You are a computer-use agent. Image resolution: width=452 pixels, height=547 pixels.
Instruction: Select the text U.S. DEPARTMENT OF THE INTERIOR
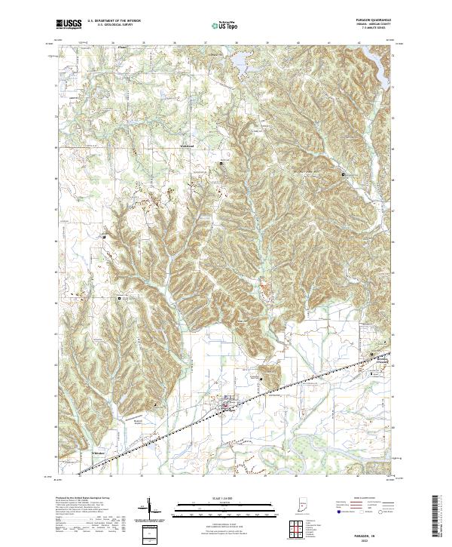(x=113, y=22)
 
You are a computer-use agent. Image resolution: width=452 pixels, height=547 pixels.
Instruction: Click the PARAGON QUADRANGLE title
(x=368, y=21)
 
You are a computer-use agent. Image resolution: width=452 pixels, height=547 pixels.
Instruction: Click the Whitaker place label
(x=98, y=452)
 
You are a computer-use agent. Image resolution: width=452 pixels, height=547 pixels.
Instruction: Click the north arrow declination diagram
(x=148, y=512)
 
